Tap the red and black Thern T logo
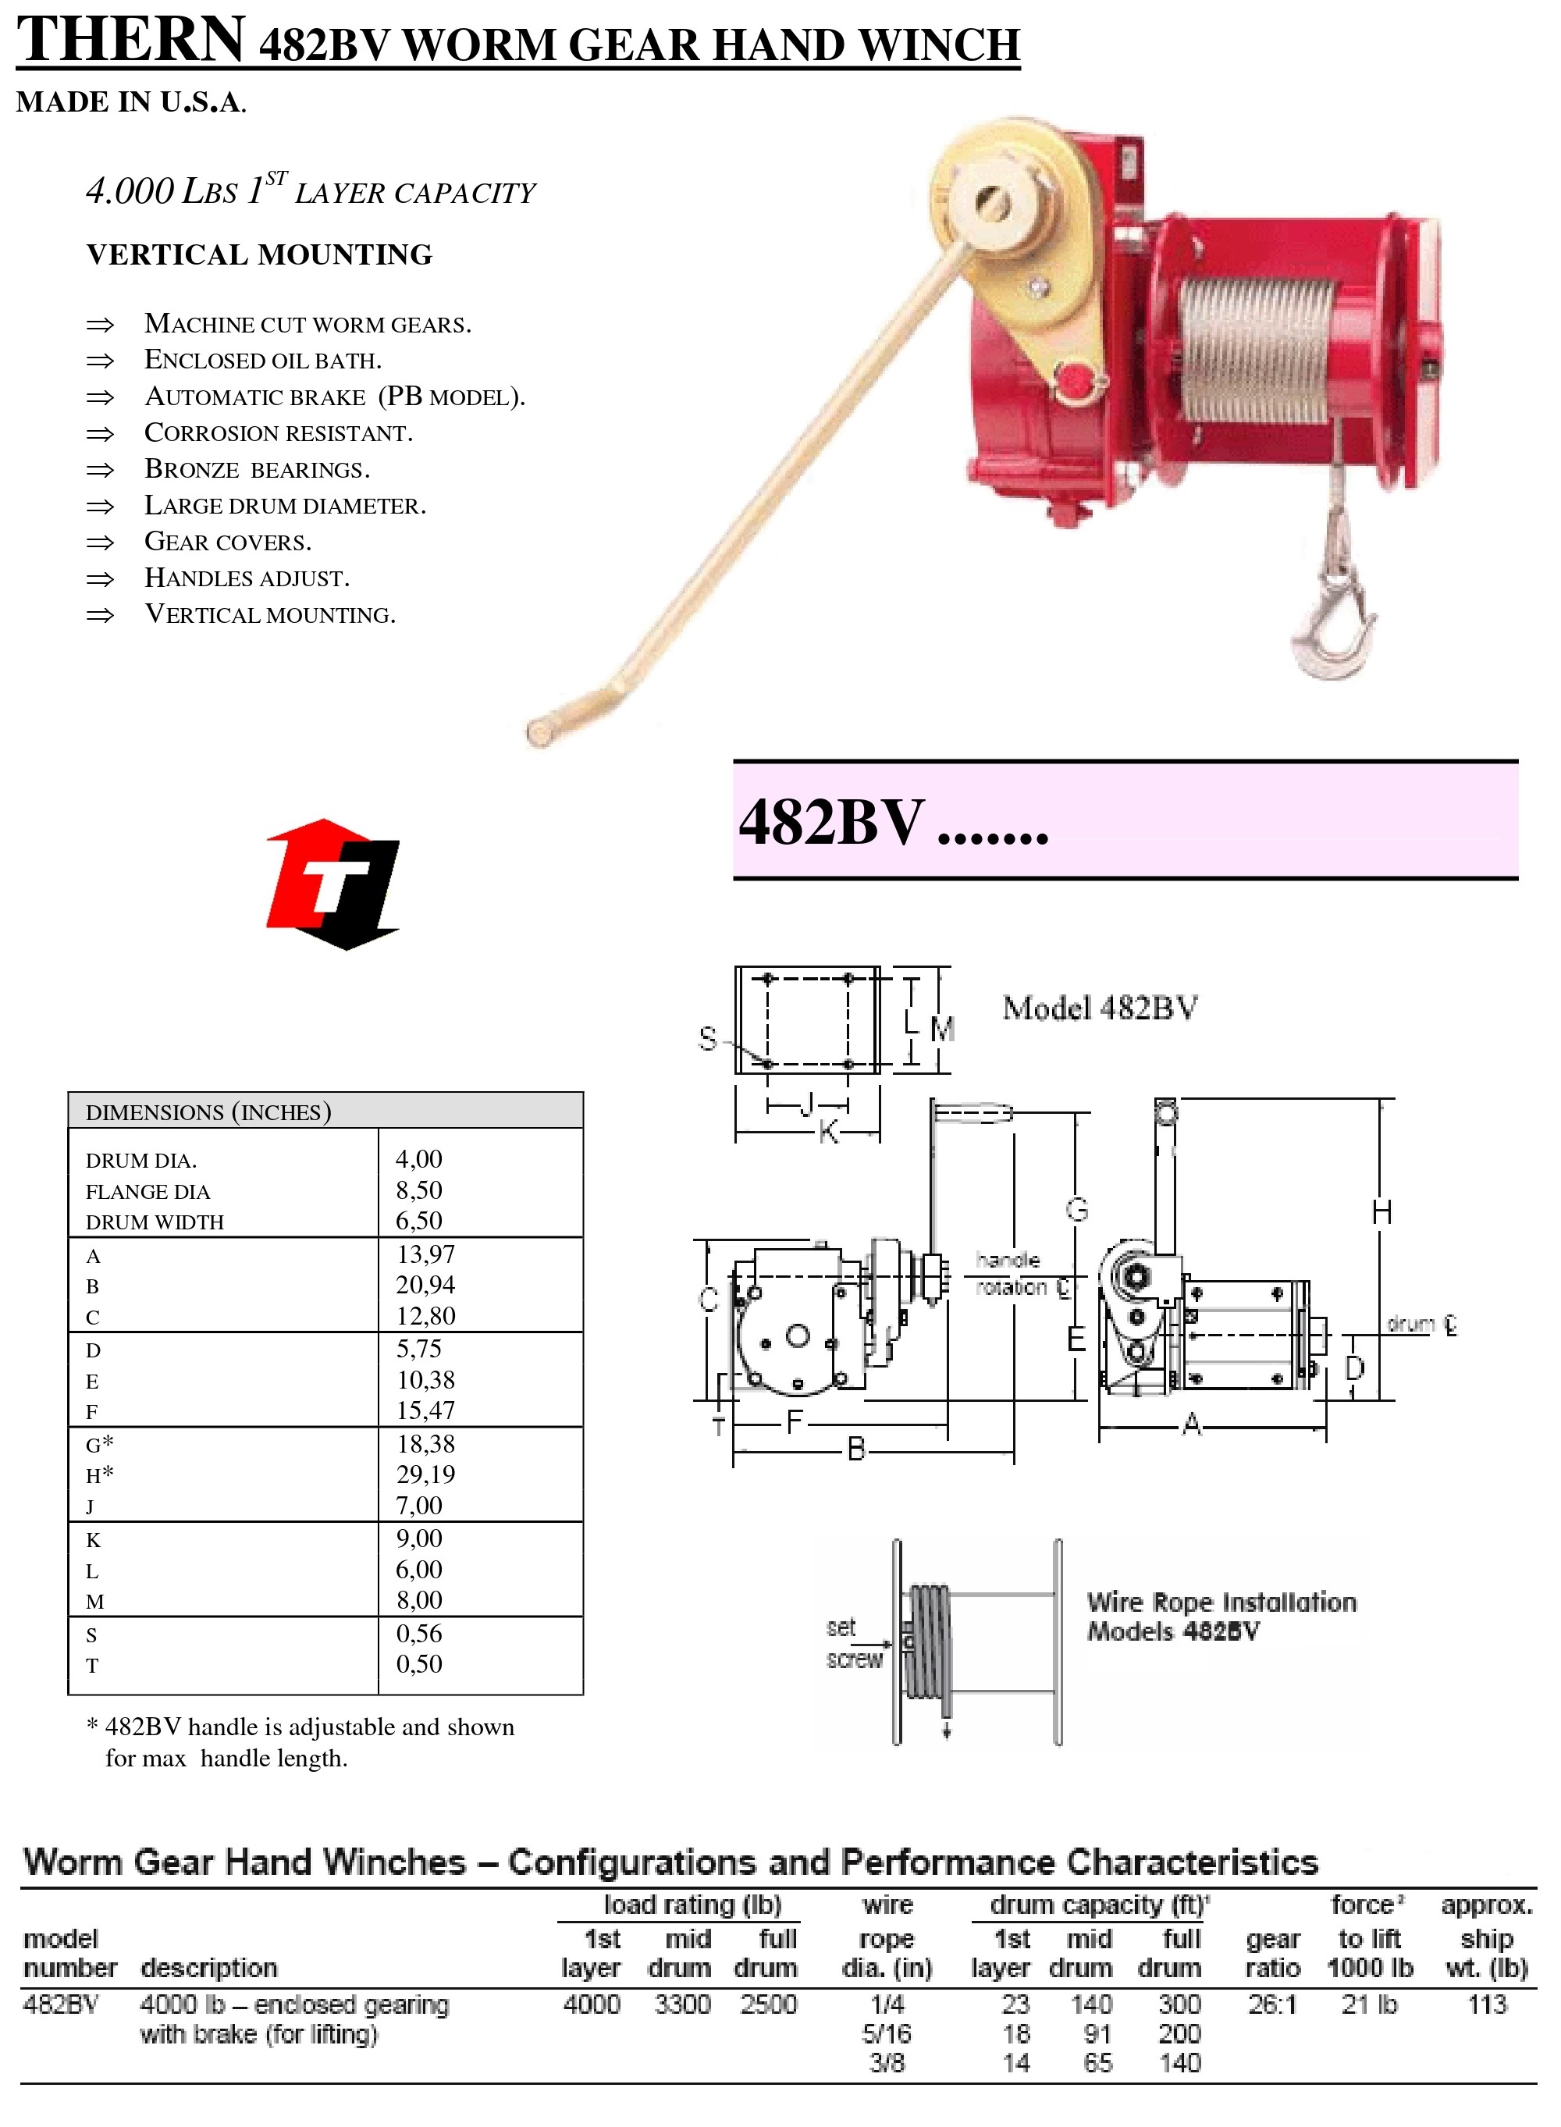click(333, 884)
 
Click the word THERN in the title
click(131, 41)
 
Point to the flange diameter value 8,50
click(418, 1190)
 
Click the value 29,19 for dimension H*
click(425, 1474)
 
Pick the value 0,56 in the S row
click(418, 1633)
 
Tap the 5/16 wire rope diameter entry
click(887, 2033)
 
